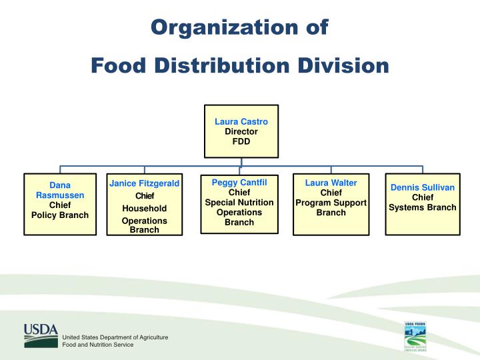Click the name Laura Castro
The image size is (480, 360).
241,122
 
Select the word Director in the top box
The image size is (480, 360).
241,131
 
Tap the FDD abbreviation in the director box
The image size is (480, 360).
241,141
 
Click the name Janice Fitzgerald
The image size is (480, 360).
145,183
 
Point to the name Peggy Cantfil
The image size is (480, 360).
239,183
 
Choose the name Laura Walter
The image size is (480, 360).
331,183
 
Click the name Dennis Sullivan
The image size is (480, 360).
423,187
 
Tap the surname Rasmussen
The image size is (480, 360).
60,195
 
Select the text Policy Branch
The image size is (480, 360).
60,215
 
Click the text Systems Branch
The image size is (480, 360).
423,207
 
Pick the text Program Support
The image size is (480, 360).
331,203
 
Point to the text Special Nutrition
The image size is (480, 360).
239,203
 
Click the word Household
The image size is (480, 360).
145,209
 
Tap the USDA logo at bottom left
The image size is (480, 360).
41,335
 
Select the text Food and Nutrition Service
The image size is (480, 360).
97,345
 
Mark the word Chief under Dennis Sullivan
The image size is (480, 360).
423,197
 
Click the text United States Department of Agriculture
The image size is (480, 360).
115,337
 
